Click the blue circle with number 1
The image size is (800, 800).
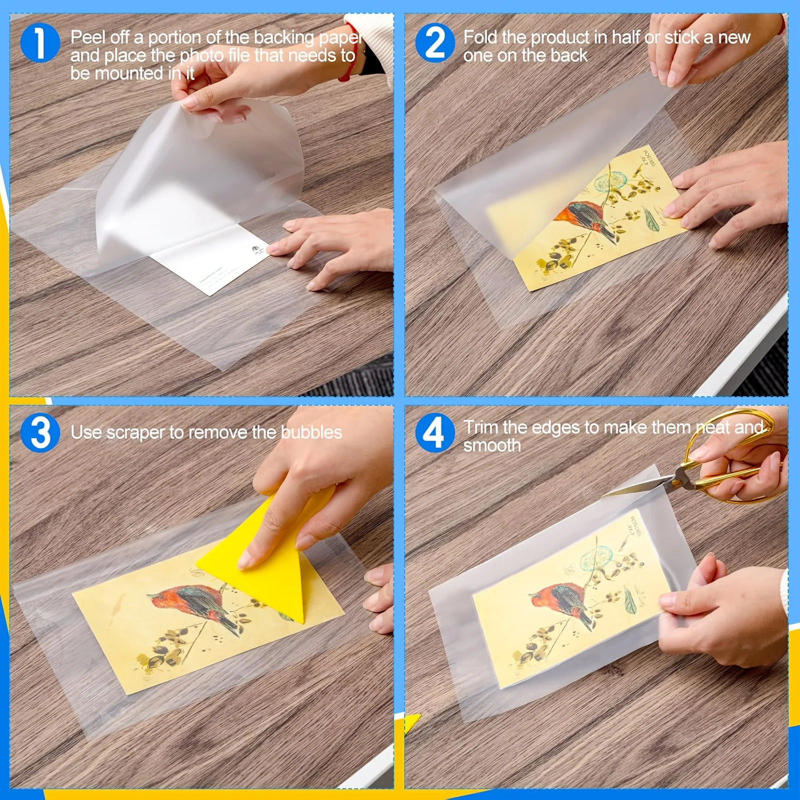tap(40, 43)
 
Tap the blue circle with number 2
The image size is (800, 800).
tap(435, 43)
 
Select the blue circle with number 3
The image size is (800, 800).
tap(40, 432)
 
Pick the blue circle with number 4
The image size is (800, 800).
tap(434, 432)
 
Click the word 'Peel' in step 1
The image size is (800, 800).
tap(88, 37)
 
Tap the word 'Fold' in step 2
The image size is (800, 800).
tap(480, 37)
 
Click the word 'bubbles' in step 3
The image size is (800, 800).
tap(311, 432)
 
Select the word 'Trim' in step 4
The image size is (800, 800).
tap(480, 427)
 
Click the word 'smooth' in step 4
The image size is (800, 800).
tap(492, 445)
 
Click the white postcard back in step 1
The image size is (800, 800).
tap(210, 260)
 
